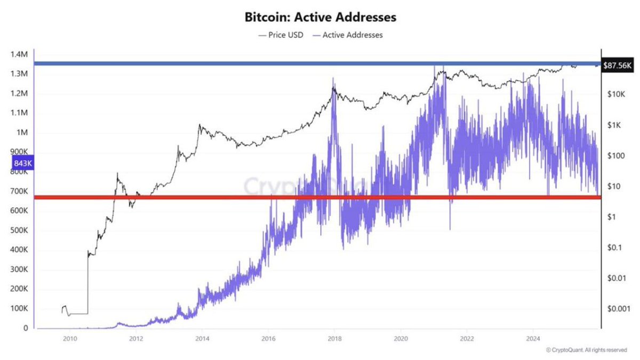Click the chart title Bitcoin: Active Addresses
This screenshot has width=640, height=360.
click(320, 17)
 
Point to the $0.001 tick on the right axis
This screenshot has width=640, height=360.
click(619, 309)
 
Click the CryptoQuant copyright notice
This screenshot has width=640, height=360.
click(586, 350)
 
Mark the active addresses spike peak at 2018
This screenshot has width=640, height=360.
click(333, 79)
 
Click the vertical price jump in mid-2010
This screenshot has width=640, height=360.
click(87, 283)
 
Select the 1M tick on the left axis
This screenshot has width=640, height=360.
click(21, 132)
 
